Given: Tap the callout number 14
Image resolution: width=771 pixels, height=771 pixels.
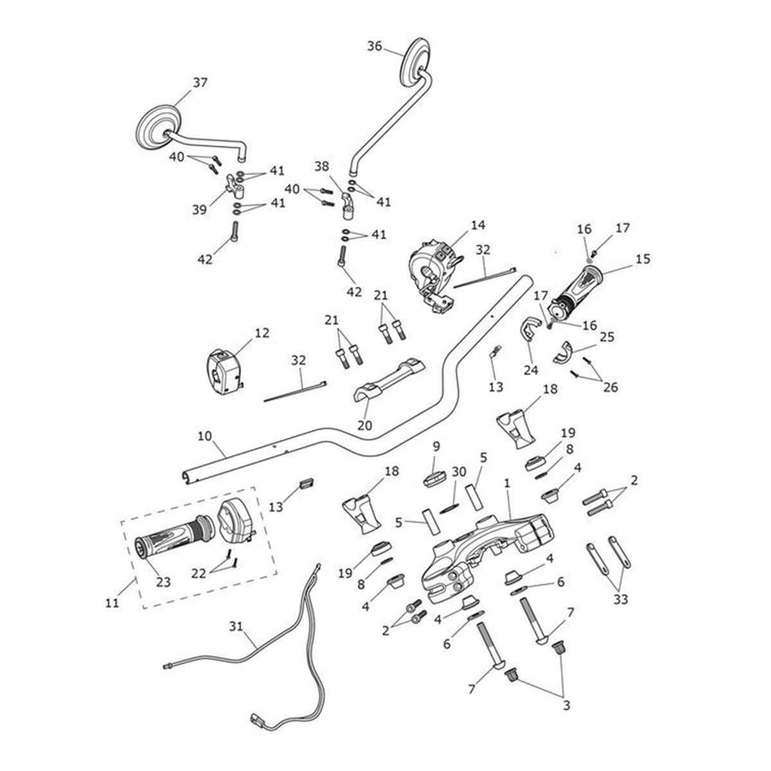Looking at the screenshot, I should [x=478, y=226].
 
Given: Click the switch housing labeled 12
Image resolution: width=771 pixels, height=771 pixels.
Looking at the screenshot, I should [x=223, y=375].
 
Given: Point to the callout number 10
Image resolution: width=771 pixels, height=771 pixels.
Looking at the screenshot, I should [x=204, y=436].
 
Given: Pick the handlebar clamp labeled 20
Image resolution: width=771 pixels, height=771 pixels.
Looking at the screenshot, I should [x=389, y=382].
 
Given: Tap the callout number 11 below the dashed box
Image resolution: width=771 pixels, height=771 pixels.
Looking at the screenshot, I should [x=112, y=604].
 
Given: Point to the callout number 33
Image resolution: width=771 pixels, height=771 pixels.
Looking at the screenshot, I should [x=621, y=599].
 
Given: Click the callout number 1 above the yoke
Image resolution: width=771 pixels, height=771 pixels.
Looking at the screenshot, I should [x=508, y=481].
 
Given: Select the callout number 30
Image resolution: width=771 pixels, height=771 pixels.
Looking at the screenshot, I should [x=458, y=471].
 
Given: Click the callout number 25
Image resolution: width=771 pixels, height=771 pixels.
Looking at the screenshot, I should [x=607, y=337].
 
